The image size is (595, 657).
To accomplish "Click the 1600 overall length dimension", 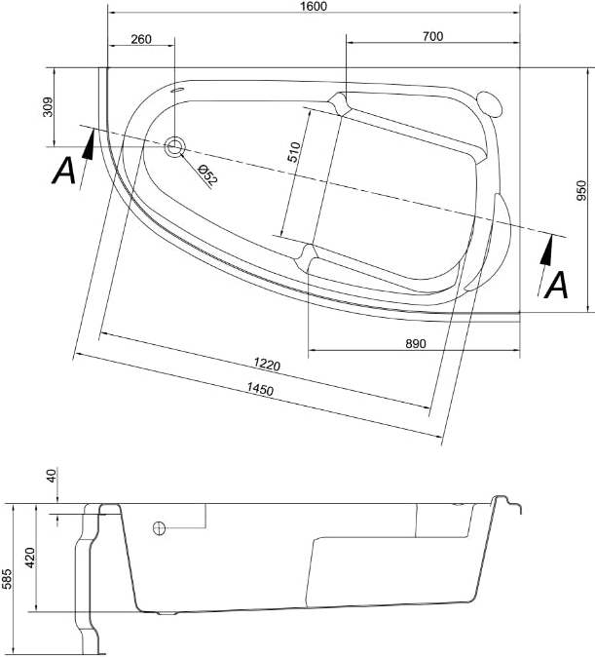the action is [x=314, y=6].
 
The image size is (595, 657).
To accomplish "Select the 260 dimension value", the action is [x=141, y=39].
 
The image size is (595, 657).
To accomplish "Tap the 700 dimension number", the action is [x=432, y=36].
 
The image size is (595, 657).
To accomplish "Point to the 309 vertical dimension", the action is [x=48, y=107].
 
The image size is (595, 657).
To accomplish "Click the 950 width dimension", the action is [x=581, y=190].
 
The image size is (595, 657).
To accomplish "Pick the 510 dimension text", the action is [x=294, y=152].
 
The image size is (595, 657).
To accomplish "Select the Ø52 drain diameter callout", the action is [x=207, y=175].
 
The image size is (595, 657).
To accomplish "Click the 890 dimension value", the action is [x=416, y=343].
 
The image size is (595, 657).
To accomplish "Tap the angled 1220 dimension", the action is [x=267, y=365].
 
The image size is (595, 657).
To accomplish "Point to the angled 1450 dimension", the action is [x=260, y=389].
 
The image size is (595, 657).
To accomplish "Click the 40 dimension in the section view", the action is [x=52, y=476].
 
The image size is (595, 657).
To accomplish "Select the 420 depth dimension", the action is [x=30, y=558].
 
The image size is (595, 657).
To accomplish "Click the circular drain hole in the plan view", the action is [x=174, y=146].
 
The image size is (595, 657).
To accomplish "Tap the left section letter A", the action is [x=63, y=171].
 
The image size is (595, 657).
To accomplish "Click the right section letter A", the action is [x=557, y=285].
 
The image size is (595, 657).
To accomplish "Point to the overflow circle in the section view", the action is [x=159, y=528].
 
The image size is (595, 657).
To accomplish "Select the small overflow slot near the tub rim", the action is [x=178, y=90].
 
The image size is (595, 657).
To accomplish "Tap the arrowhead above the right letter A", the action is [x=546, y=251].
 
